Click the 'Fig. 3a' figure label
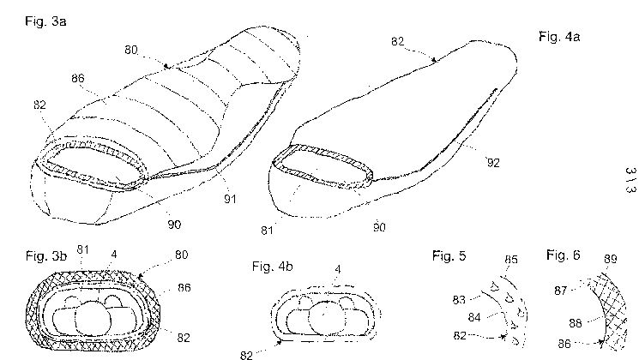point(45,21)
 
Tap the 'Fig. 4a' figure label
point(559,37)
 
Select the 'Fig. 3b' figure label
point(46,256)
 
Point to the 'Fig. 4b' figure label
point(272,267)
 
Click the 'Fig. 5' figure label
point(449,256)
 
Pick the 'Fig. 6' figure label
point(563,255)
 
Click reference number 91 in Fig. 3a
point(230,199)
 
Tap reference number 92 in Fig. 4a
point(493,163)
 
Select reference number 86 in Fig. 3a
point(78,78)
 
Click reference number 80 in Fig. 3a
point(131,50)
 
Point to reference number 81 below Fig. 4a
point(267,231)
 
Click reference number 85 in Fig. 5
point(511,260)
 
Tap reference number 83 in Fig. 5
point(459,300)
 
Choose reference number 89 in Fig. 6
point(610,259)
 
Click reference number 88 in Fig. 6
point(576,323)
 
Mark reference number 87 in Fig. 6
point(561,291)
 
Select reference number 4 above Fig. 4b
point(337,269)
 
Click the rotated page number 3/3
point(630,180)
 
